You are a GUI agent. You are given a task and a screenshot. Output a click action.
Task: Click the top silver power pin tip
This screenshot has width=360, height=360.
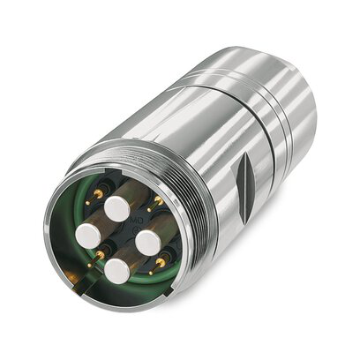pyautogui.click(x=116, y=208)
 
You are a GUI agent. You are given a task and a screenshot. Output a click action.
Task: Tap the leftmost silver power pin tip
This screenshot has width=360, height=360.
pyautogui.click(x=86, y=236)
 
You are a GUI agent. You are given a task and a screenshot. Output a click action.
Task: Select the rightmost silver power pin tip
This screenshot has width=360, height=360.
pyautogui.click(x=147, y=242)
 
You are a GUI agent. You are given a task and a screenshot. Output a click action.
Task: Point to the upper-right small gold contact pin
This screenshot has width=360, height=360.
pyautogui.click(x=156, y=204)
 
